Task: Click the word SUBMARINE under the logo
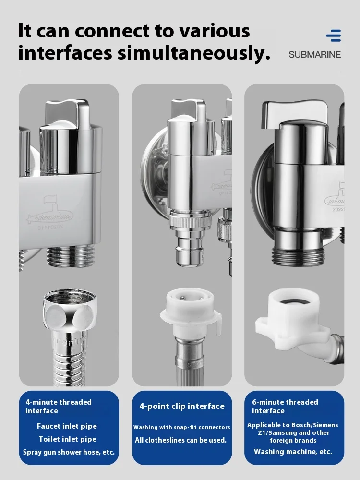click(314, 55)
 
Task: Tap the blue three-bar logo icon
click(333, 36)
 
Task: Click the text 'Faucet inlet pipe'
click(67, 426)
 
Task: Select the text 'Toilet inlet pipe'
click(67, 439)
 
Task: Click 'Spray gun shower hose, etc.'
click(69, 452)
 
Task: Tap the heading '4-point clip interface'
click(182, 406)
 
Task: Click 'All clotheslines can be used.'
click(180, 440)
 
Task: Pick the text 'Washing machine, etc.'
click(293, 452)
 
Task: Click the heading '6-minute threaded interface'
click(285, 406)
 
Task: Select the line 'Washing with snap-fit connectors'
click(182, 427)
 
